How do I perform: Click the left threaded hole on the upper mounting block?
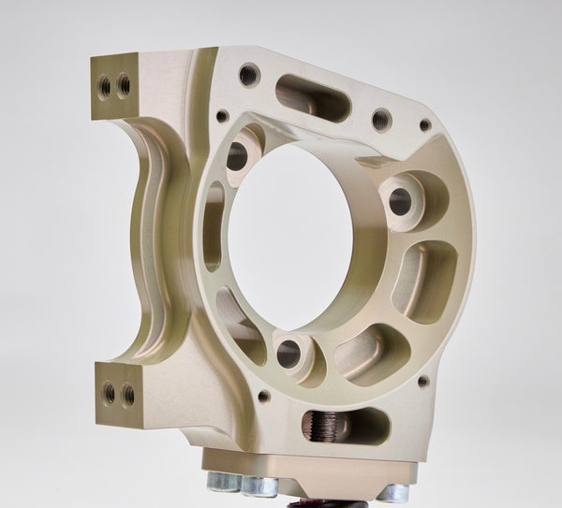pos(104,88)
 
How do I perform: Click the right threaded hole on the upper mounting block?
pos(123,86)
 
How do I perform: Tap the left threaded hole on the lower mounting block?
pos(109,394)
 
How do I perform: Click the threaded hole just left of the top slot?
pos(249,75)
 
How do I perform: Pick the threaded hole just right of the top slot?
pos(380,120)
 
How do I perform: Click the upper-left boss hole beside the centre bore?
pos(238,155)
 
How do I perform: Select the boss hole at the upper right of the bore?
pos(400,198)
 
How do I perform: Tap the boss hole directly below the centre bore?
pos(288,353)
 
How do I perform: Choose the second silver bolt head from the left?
pos(259,486)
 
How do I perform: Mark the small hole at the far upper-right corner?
pos(425,125)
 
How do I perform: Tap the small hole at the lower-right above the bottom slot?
pos(423,381)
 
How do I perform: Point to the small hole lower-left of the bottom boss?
pos(263,396)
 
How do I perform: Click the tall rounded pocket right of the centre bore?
pos(424,281)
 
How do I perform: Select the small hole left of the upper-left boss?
pos(222,117)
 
